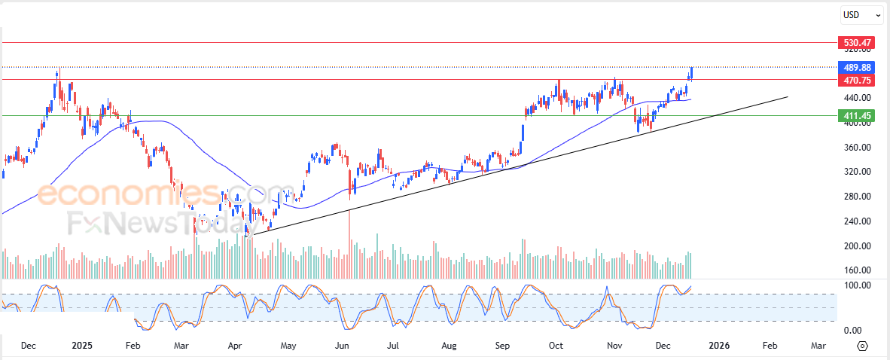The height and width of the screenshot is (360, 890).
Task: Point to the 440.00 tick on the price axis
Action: pyautogui.click(x=856, y=98)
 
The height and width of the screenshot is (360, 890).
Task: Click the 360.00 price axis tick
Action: pyautogui.click(x=856, y=148)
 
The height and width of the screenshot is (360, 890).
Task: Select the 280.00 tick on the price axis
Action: pyautogui.click(x=856, y=197)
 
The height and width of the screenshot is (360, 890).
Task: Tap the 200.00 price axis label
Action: pyautogui.click(x=856, y=246)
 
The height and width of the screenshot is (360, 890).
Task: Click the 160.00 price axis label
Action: pyautogui.click(x=856, y=270)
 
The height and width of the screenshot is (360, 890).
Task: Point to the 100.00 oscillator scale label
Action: pyautogui.click(x=856, y=285)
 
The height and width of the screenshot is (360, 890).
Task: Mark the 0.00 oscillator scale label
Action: pyautogui.click(x=852, y=331)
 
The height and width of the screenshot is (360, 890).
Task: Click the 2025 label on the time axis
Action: pyautogui.click(x=81, y=346)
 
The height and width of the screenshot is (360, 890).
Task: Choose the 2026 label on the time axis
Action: pyautogui.click(x=719, y=346)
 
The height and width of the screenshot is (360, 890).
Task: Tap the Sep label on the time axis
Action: pyautogui.click(x=503, y=346)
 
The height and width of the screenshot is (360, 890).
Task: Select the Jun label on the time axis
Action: pyautogui.click(x=342, y=346)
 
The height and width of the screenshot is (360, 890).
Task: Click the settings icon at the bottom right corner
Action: pyautogui.click(x=863, y=346)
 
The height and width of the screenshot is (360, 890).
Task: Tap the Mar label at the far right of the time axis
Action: pyautogui.click(x=818, y=346)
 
